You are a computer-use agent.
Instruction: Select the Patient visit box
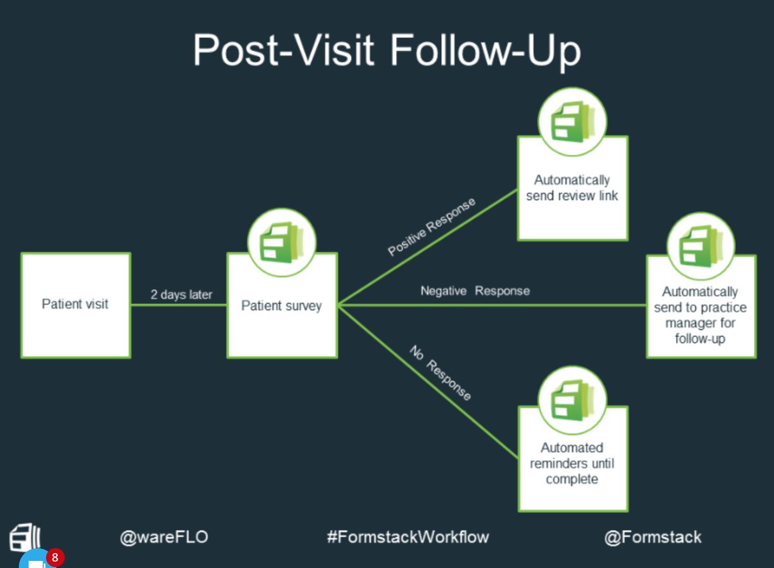pos(75,305)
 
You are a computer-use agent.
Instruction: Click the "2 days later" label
pos(181,295)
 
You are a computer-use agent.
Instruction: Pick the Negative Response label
pos(475,291)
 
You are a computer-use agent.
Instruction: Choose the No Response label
pos(441,372)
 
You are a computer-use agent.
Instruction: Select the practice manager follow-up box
pos(700,315)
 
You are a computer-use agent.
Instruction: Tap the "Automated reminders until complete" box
pos(572,463)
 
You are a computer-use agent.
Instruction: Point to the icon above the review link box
pos(573,121)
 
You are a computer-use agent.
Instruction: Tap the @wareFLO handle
pos(164,537)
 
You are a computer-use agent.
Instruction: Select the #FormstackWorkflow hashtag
pos(408,537)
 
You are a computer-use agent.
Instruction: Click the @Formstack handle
pos(653,537)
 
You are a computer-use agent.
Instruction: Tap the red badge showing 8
pos(55,557)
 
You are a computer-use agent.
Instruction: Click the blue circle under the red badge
pos(35,562)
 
